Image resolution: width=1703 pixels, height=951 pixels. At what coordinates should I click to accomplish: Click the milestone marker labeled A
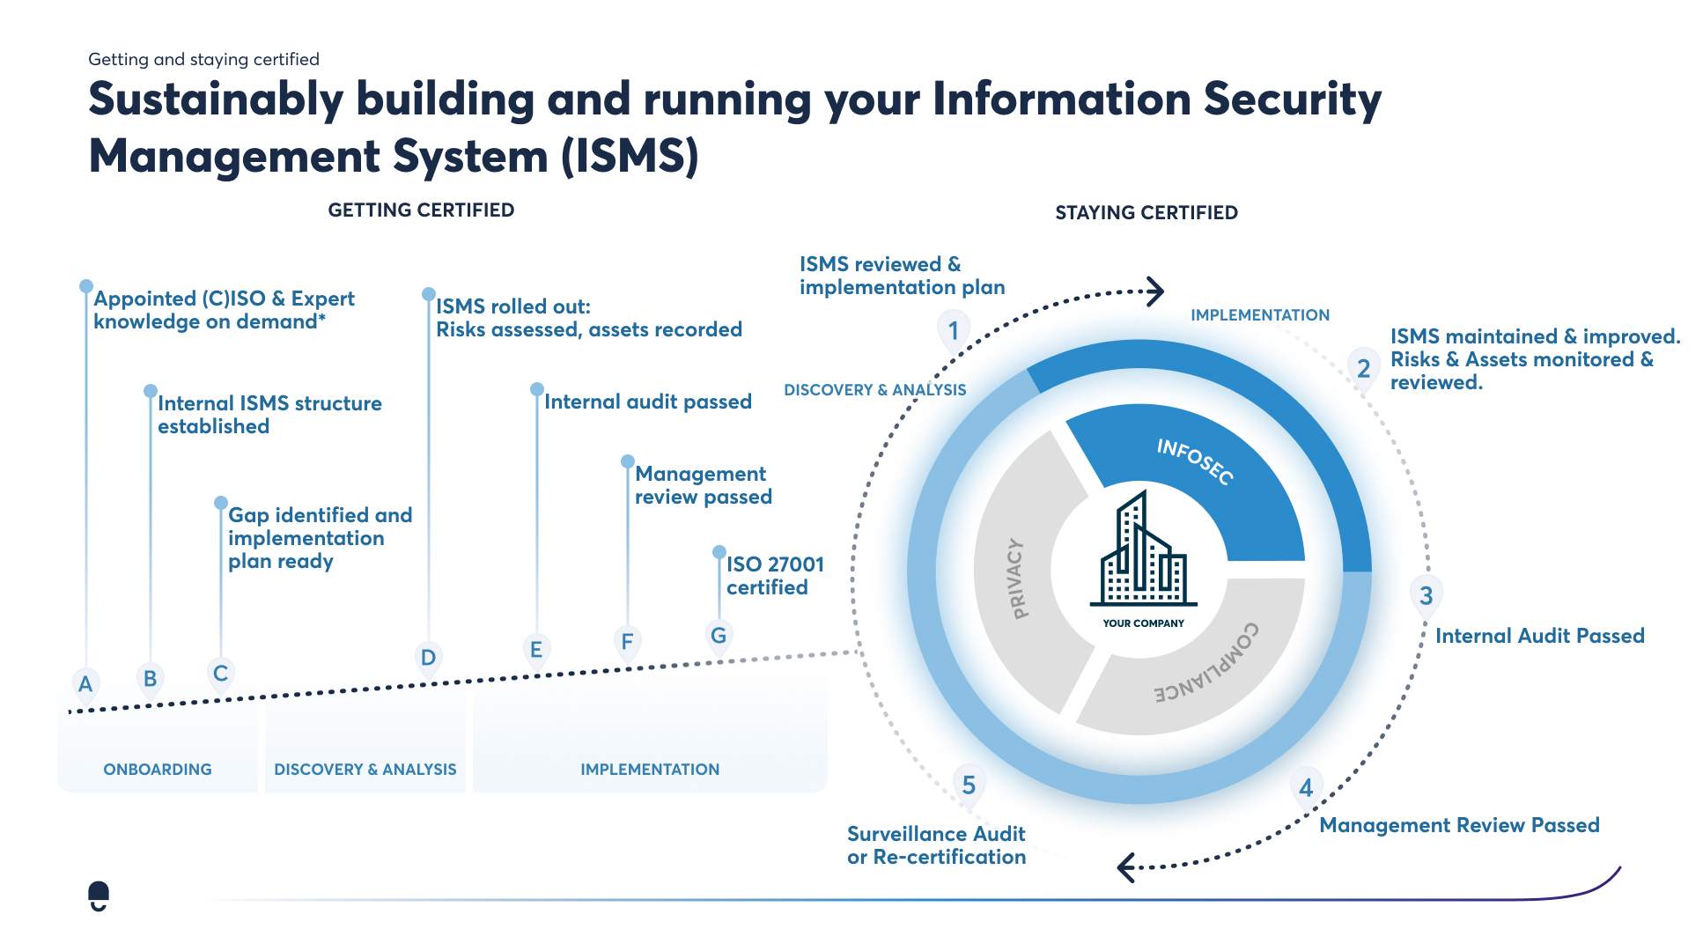click(x=85, y=683)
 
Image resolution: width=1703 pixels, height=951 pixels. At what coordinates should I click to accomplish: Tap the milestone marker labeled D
click(x=428, y=658)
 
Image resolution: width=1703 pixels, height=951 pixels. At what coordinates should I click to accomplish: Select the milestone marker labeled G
click(x=719, y=635)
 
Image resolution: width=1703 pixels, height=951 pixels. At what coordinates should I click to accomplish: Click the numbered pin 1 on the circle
click(x=953, y=331)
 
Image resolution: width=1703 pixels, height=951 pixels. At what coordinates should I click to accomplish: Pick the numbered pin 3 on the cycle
click(x=1426, y=596)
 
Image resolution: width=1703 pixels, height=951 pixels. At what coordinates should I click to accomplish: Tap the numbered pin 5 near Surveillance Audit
click(x=969, y=785)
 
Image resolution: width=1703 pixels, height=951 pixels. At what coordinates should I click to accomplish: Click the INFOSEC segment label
click(x=1195, y=461)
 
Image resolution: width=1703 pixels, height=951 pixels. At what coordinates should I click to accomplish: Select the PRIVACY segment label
click(x=1015, y=579)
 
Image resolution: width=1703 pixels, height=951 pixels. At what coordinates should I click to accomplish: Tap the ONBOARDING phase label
click(x=158, y=769)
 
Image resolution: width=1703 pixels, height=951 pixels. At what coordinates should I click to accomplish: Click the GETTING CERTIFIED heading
click(x=421, y=210)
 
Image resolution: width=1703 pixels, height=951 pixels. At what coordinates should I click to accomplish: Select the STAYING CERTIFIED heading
click(x=1146, y=212)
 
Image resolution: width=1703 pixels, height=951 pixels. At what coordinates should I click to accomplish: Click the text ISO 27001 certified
click(x=773, y=576)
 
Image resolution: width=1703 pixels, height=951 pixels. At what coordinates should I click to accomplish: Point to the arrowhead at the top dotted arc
click(x=1154, y=291)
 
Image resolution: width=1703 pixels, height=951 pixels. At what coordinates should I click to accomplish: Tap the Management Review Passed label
click(x=1458, y=825)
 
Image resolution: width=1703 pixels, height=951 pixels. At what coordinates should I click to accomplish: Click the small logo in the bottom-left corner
click(x=99, y=896)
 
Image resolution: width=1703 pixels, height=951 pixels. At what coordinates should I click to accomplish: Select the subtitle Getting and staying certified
click(x=203, y=59)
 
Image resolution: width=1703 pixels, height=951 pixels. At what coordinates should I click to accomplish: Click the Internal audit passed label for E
click(x=647, y=402)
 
